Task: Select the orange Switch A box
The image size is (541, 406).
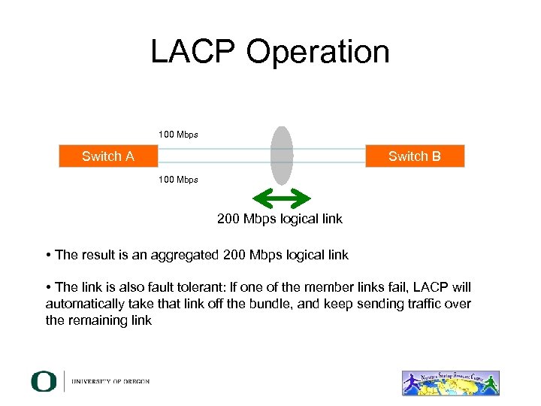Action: coord(108,156)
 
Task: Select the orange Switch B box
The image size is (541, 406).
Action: coord(415,156)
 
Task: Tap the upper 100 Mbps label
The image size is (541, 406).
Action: coord(178,135)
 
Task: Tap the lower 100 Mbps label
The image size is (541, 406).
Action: coord(178,180)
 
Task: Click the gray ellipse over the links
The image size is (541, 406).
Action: coord(282,155)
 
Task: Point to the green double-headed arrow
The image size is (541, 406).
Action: coord(282,198)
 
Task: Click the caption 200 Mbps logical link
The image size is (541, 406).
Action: coord(280,219)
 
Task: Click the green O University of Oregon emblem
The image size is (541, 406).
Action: coord(44,381)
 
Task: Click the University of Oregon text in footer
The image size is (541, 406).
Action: coord(110,382)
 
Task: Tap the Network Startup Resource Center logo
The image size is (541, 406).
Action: coord(450,382)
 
